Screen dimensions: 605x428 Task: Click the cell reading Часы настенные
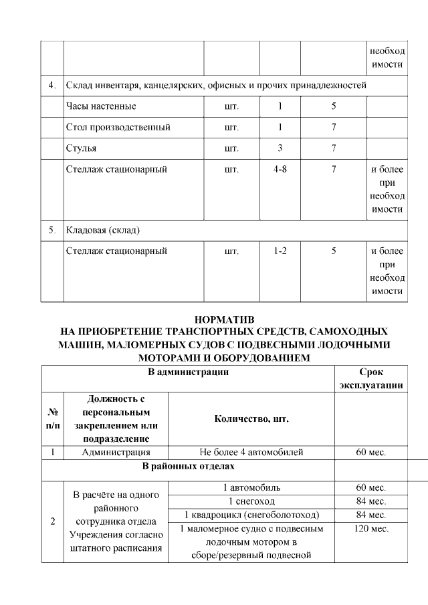coord(101,106)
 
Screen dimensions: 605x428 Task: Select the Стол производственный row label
coord(118,127)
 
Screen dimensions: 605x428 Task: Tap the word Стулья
coord(82,148)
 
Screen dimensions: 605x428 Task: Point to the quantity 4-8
coord(280,169)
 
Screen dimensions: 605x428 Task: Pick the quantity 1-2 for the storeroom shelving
coord(280,251)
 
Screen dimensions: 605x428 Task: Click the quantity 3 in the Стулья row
coord(280,148)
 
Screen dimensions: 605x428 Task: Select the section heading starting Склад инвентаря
coord(216,86)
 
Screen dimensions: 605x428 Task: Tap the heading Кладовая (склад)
coord(102,231)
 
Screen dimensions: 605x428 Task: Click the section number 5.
coord(52,231)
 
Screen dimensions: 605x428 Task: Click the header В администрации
coord(189,372)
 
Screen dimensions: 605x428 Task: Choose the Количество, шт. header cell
coord(251,418)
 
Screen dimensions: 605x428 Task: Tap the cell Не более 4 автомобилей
coord(251,453)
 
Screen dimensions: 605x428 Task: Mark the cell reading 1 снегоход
coord(251,501)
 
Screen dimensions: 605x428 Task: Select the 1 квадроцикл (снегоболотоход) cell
coord(251,515)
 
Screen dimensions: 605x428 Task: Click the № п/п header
coord(52,418)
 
